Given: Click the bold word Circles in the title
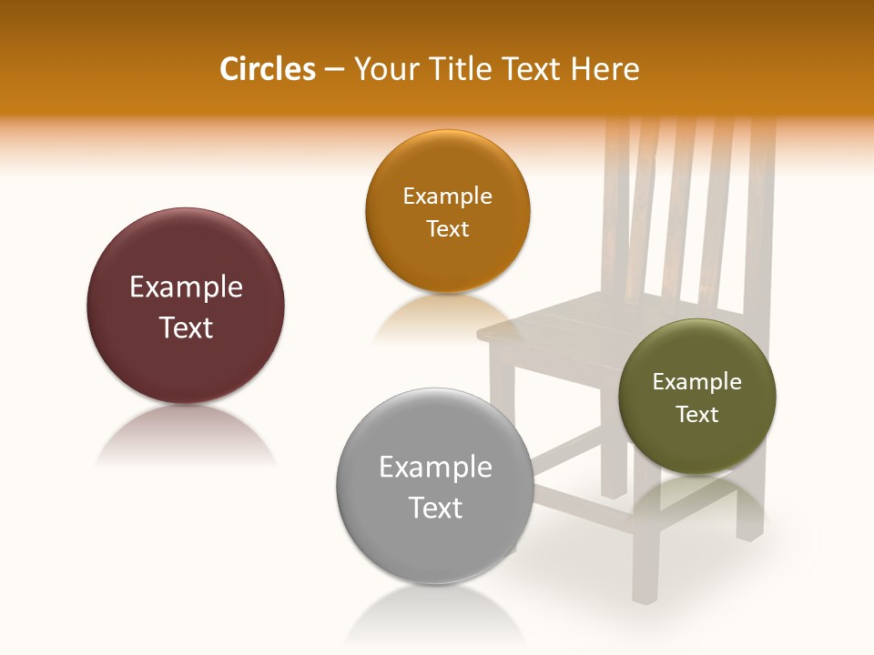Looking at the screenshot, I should pyautogui.click(x=268, y=69).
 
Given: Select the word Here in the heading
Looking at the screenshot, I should pyautogui.click(x=606, y=69).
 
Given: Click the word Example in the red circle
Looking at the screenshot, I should pyautogui.click(x=186, y=287).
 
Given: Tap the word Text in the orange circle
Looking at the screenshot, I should pyautogui.click(x=447, y=228).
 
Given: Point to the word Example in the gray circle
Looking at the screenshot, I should pyautogui.click(x=435, y=468).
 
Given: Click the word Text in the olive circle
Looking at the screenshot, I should pyautogui.click(x=697, y=414).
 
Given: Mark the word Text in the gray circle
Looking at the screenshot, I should pyautogui.click(x=435, y=508).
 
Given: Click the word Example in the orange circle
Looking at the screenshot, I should pyautogui.click(x=447, y=196).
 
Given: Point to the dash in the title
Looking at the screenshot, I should pyautogui.click(x=334, y=70).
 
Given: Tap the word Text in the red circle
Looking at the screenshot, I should pyautogui.click(x=186, y=327).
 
